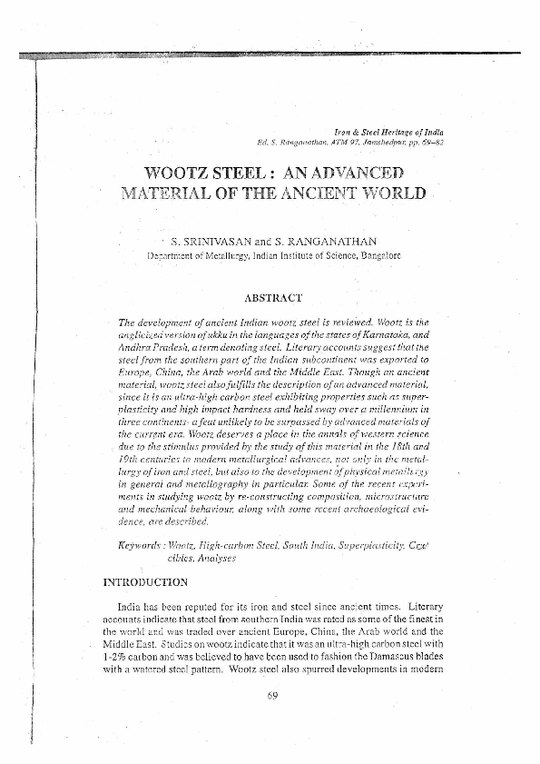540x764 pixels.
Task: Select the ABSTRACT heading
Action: tap(273, 297)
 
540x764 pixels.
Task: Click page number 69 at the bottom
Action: tap(270, 696)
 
